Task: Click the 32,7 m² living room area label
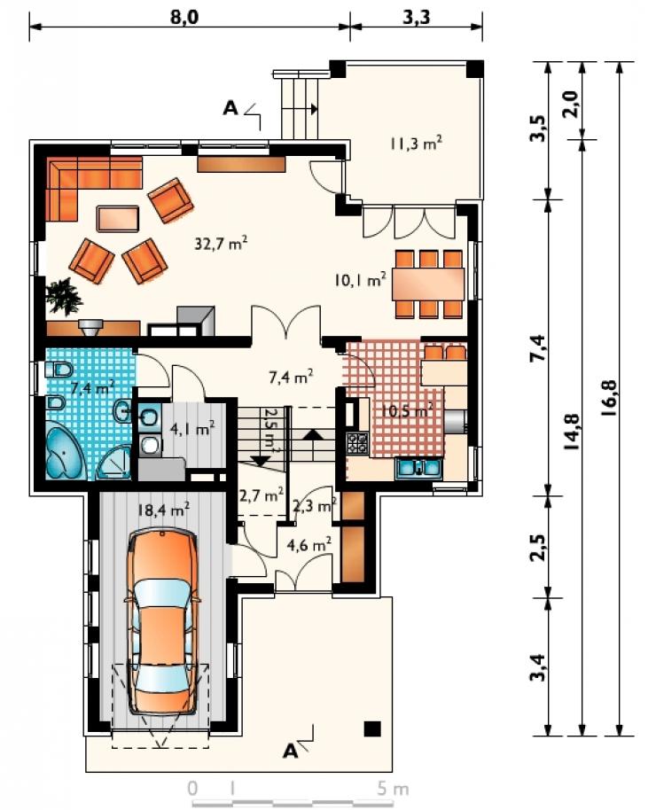click(x=221, y=242)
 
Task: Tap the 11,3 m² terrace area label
click(x=416, y=143)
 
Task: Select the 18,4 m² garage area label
click(x=163, y=510)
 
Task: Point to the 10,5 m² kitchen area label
click(x=406, y=410)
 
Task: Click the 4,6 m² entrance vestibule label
click(x=310, y=544)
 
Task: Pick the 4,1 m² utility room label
click(x=192, y=428)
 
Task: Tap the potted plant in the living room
click(x=63, y=295)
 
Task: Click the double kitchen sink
click(x=418, y=468)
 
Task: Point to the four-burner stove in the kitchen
click(x=357, y=443)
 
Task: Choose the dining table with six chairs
click(x=428, y=284)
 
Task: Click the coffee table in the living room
click(x=118, y=219)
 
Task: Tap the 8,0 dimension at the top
click(x=184, y=17)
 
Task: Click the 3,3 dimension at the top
click(x=416, y=17)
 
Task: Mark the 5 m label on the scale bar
click(x=393, y=789)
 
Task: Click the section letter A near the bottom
click(x=291, y=751)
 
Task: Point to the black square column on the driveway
click(x=372, y=728)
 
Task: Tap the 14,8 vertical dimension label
click(x=572, y=432)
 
